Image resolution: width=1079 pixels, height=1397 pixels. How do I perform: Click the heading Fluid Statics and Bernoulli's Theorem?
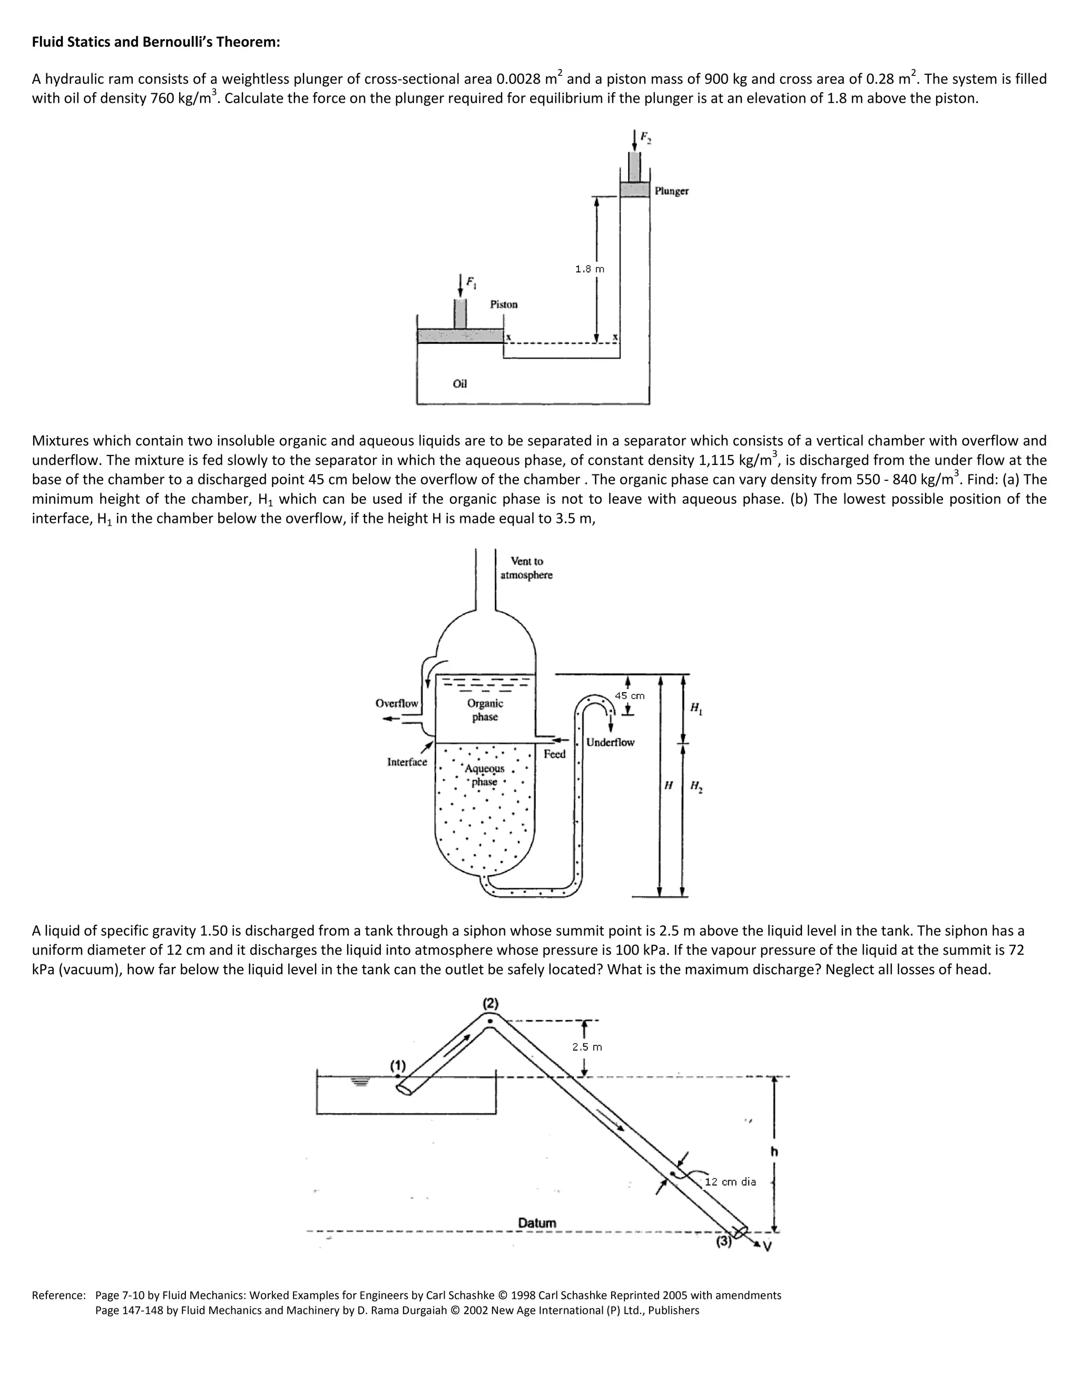click(156, 42)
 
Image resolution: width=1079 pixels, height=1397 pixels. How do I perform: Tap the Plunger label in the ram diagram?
click(671, 191)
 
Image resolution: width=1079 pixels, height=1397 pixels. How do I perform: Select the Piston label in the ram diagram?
click(504, 305)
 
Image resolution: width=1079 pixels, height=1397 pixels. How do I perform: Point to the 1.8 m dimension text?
click(590, 269)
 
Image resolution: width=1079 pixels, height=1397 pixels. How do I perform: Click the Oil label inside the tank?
click(459, 384)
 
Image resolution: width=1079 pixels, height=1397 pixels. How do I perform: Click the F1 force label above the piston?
click(471, 282)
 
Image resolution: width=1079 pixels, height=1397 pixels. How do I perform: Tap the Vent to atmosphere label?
click(526, 568)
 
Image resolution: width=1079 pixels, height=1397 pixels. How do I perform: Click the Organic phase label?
click(485, 710)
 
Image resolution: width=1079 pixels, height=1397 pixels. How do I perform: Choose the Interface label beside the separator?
click(407, 762)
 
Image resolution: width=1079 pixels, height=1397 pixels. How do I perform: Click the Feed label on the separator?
click(554, 754)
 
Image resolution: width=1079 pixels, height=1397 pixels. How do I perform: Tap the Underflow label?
click(610, 743)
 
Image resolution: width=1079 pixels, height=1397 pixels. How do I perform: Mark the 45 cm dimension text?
click(629, 696)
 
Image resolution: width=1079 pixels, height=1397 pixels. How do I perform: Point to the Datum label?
click(537, 1223)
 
